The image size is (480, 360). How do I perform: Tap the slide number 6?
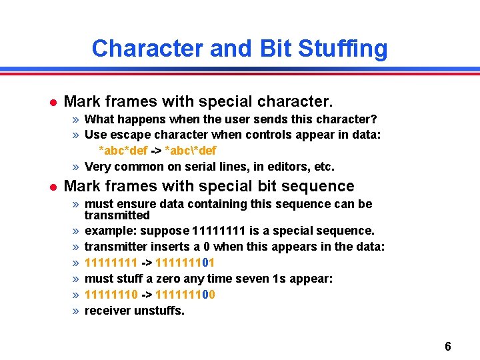(447, 347)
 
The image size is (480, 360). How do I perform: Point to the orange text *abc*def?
(123, 151)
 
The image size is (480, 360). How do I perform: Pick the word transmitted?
(117, 215)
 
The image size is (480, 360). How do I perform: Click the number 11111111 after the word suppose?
(219, 231)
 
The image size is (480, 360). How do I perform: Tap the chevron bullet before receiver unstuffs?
(77, 311)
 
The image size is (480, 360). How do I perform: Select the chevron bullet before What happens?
(77, 119)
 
